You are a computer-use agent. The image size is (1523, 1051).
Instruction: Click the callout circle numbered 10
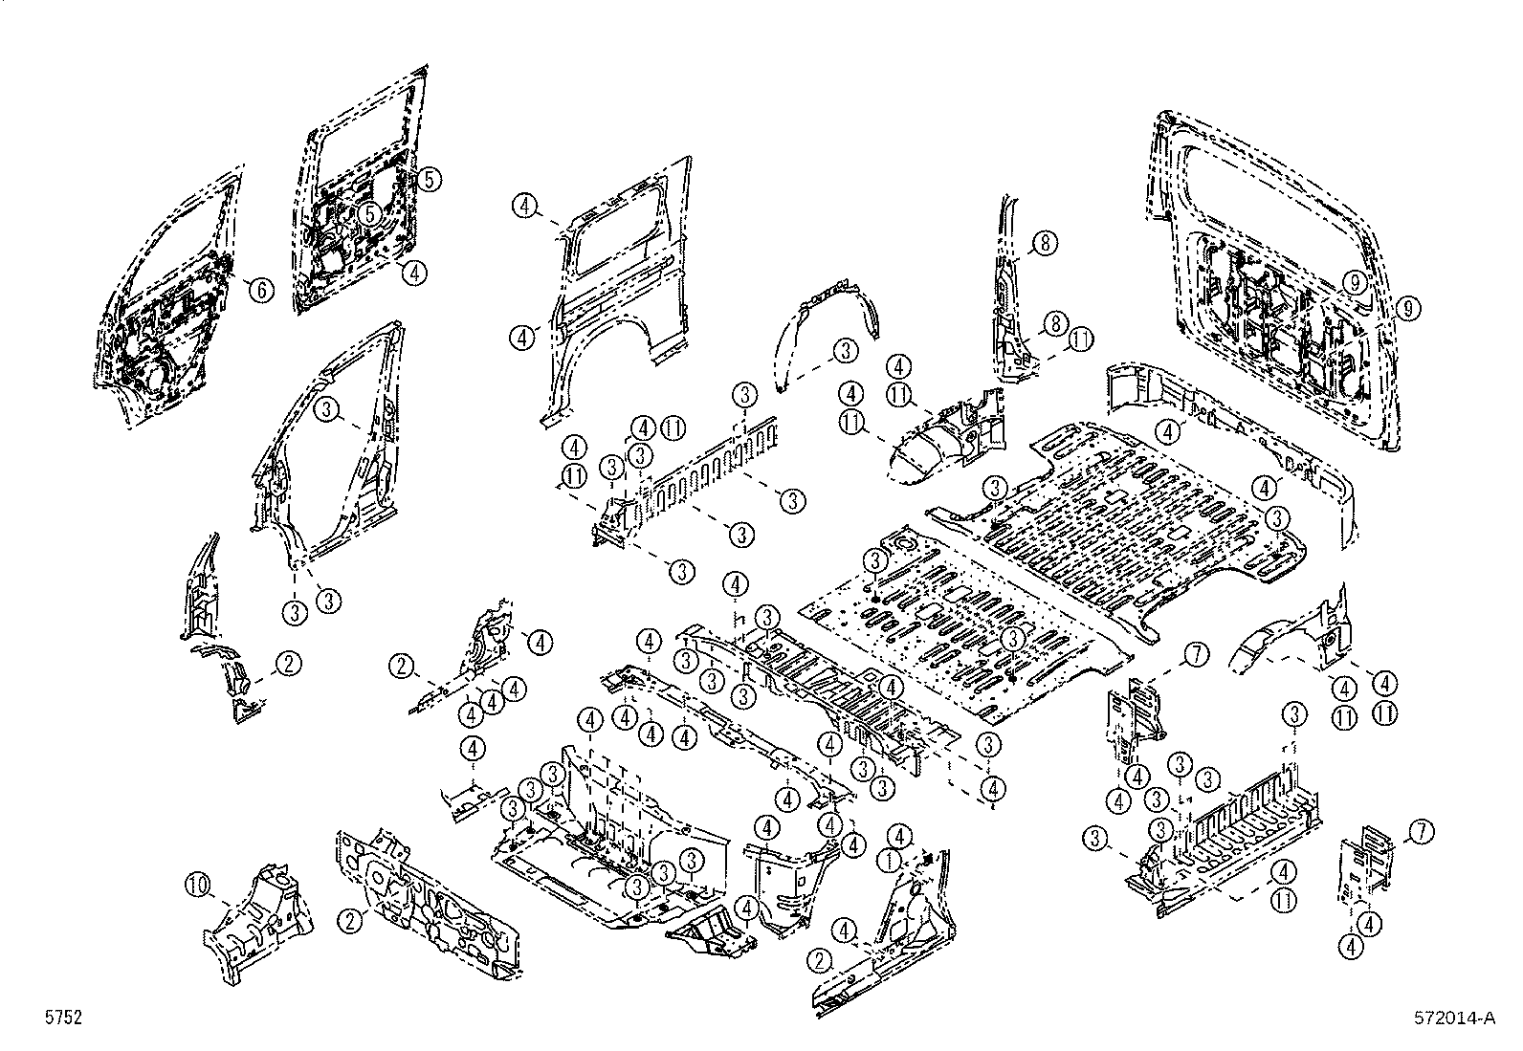pyautogui.click(x=197, y=887)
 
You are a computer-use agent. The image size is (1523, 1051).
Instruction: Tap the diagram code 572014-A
pyautogui.click(x=1454, y=1018)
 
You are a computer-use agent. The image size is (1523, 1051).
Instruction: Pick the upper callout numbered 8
pyautogui.click(x=1045, y=244)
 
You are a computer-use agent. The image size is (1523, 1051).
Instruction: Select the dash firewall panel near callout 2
pyautogui.click(x=430, y=904)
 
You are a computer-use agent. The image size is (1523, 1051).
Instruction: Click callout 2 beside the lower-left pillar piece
pyautogui.click(x=289, y=664)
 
